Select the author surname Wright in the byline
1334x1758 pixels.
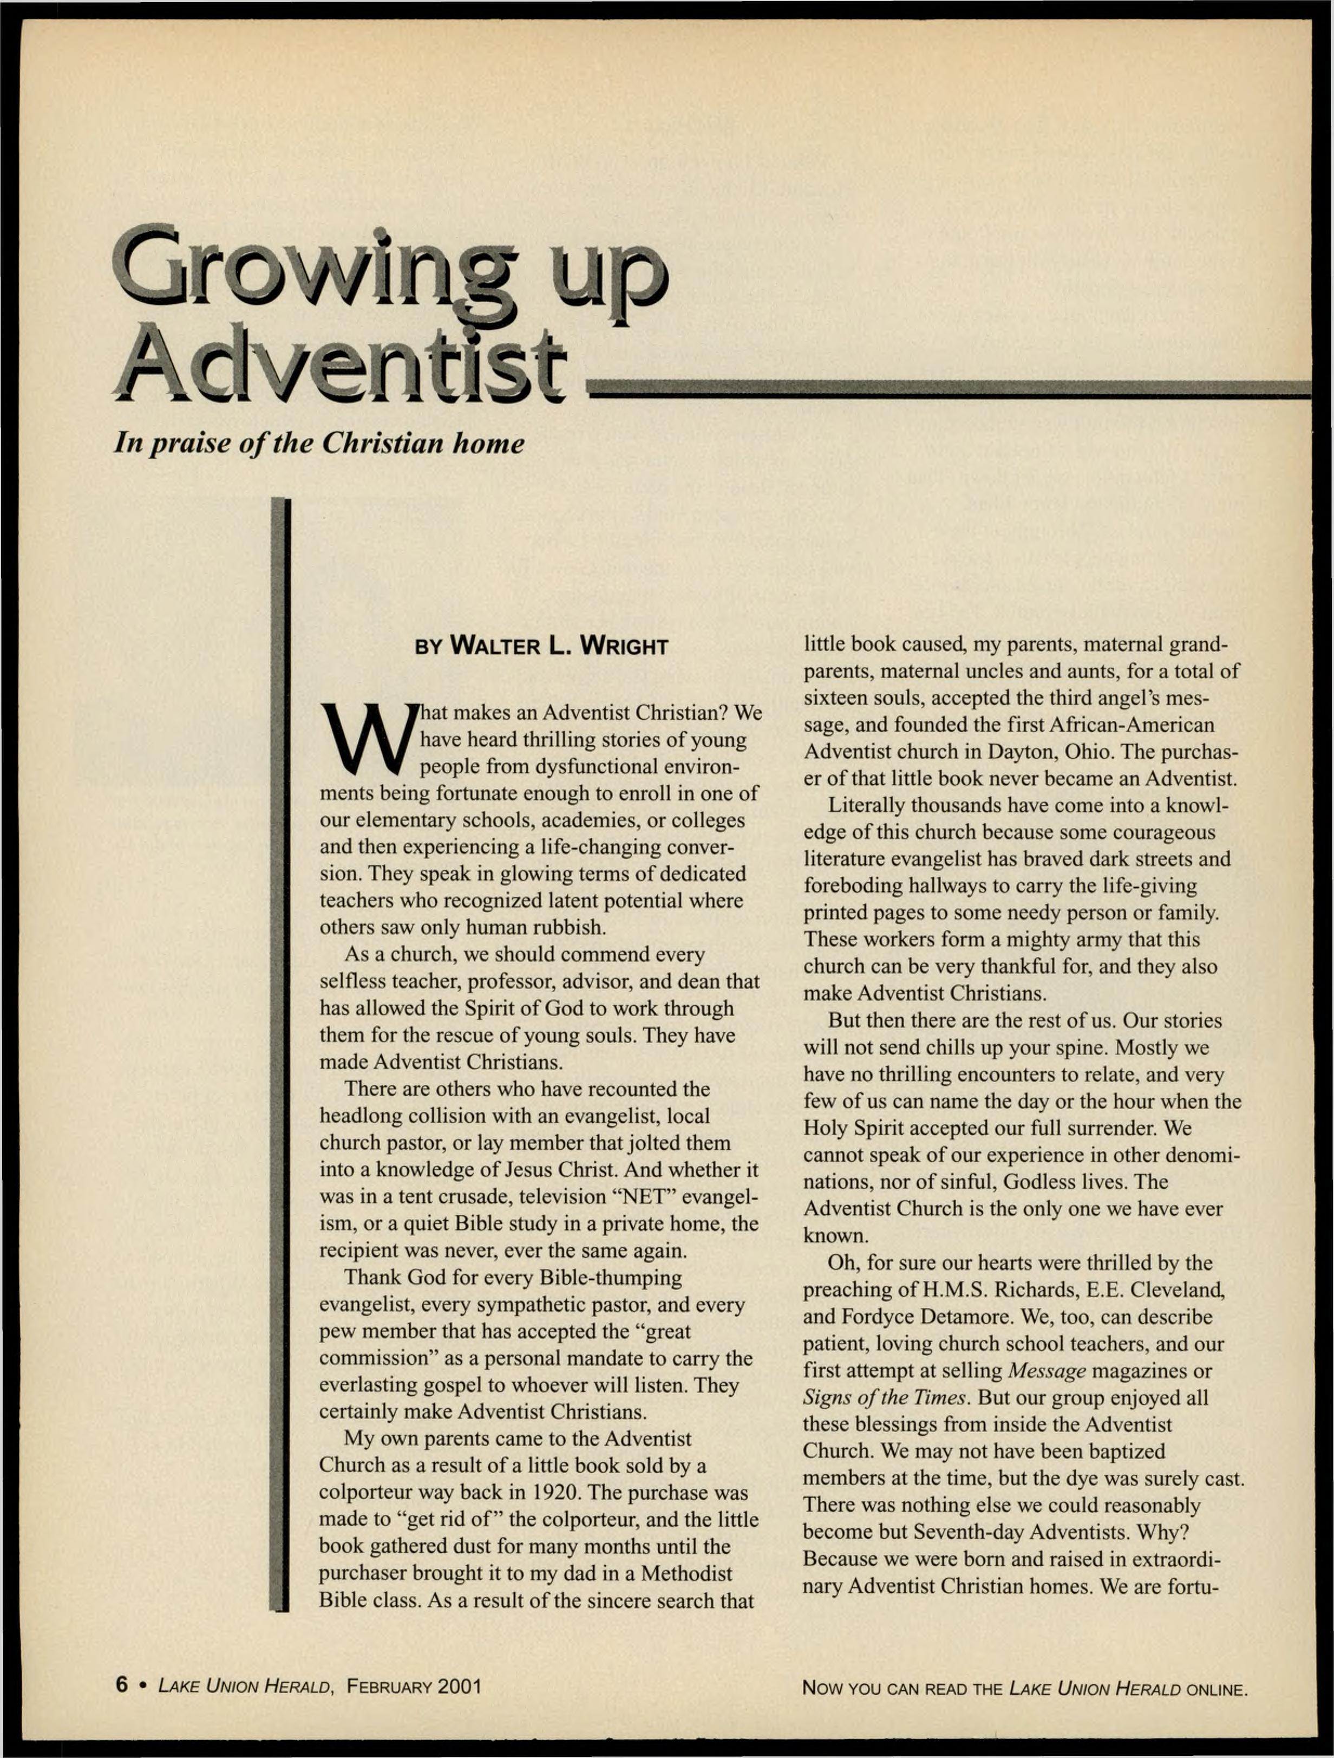pos(624,646)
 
